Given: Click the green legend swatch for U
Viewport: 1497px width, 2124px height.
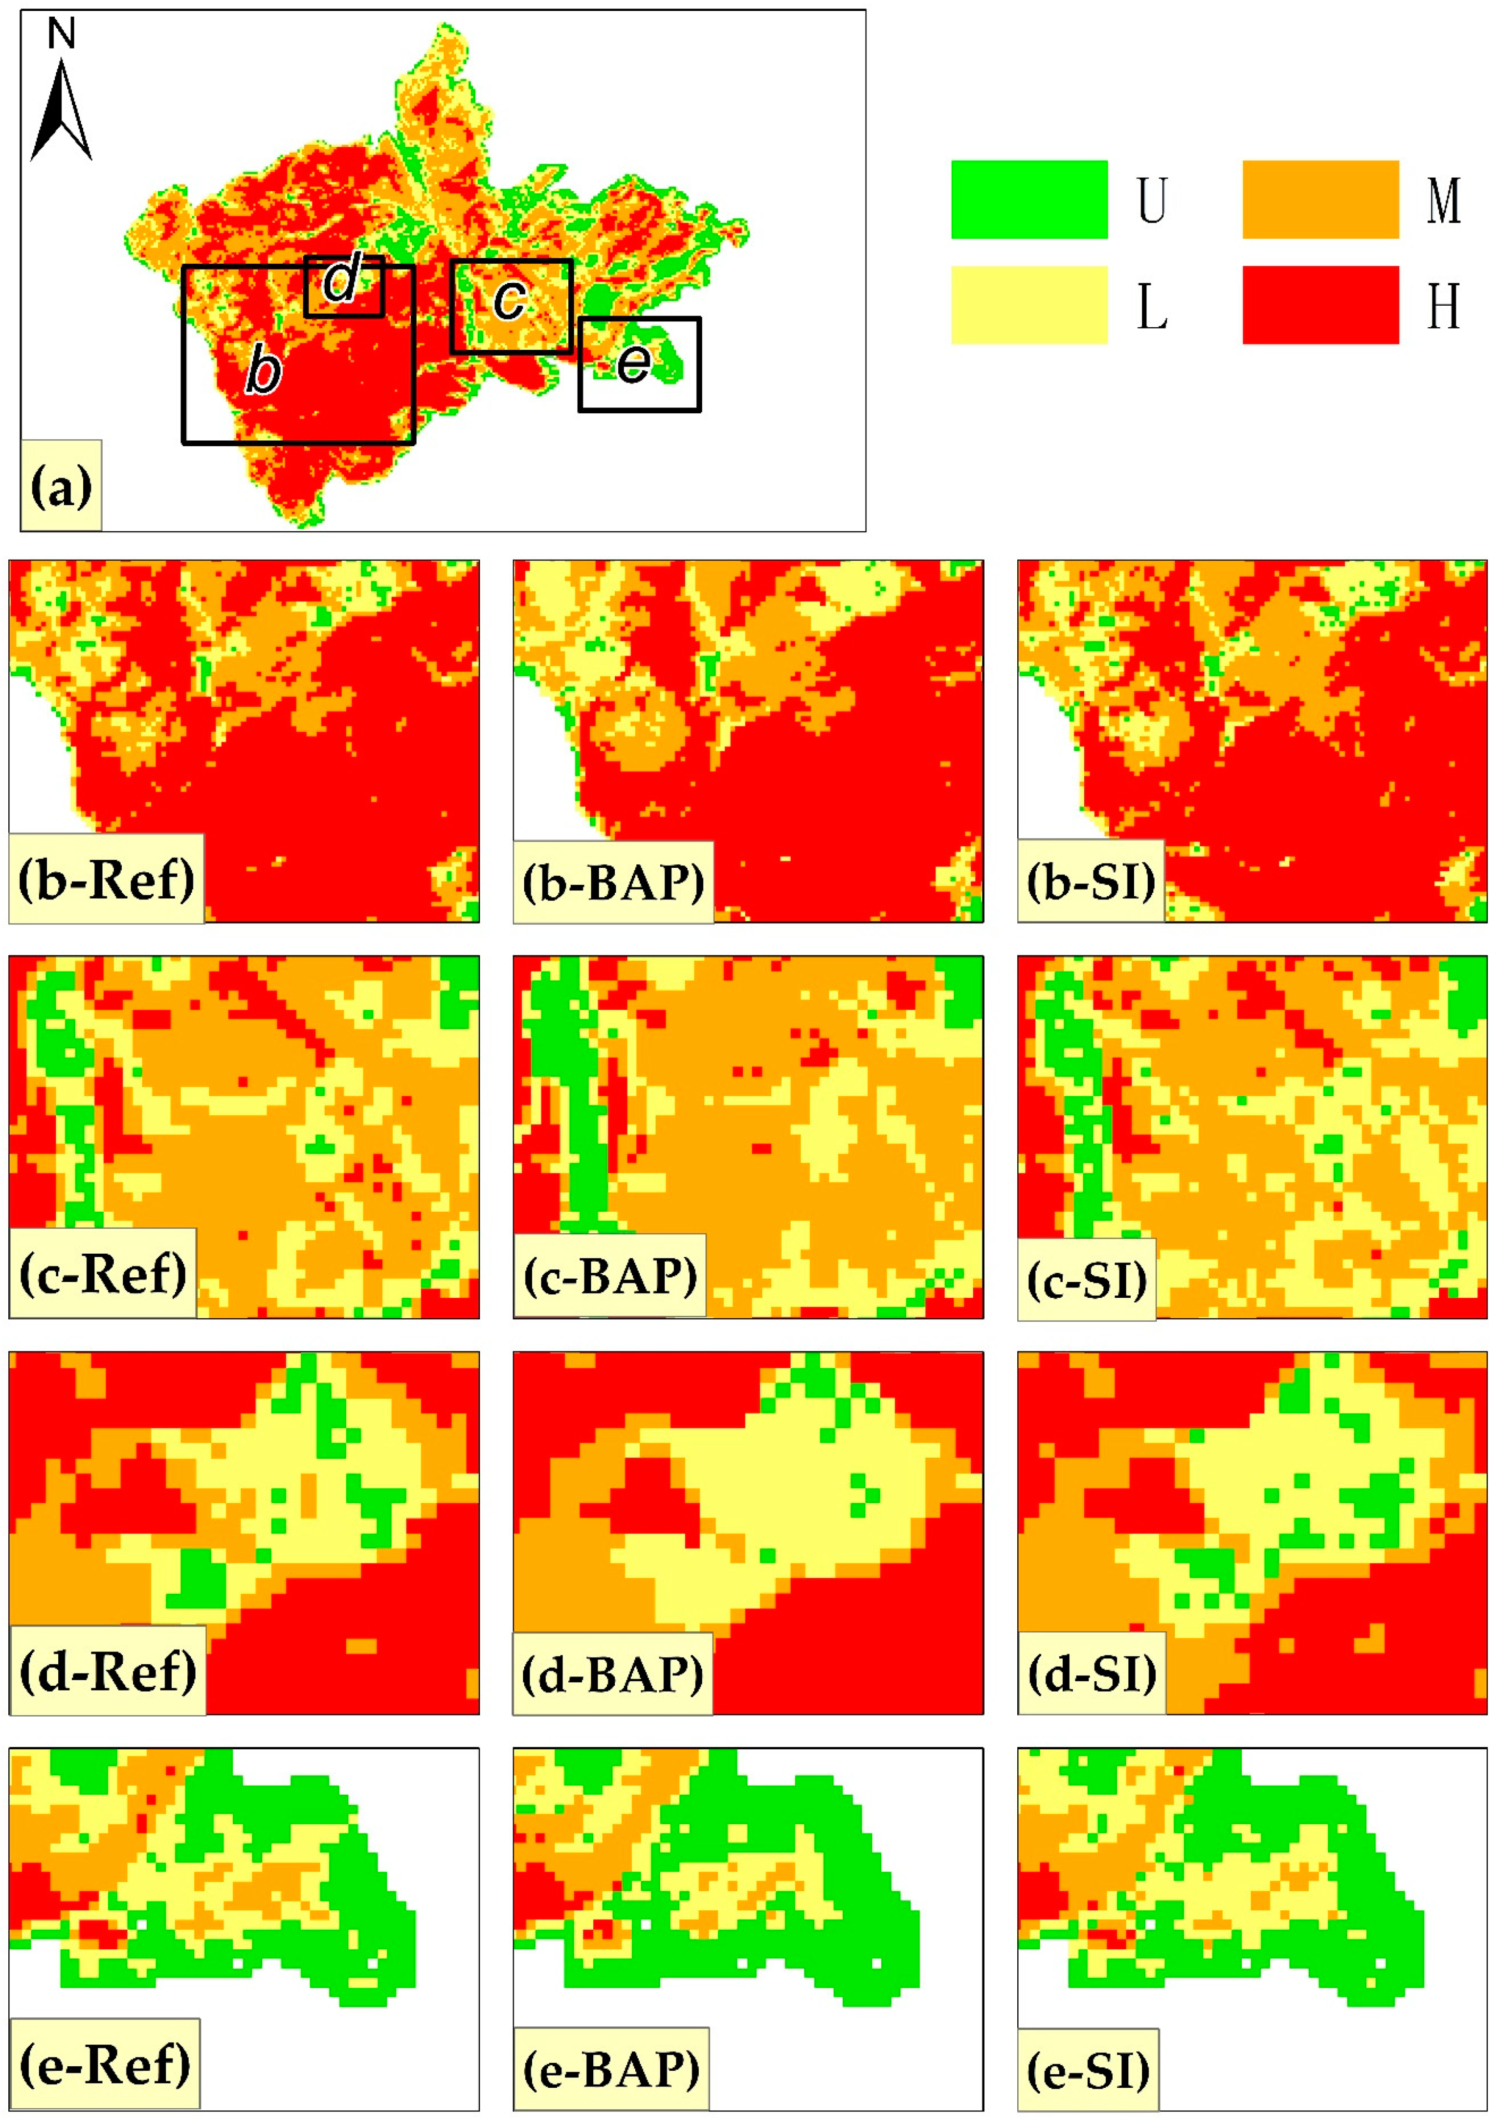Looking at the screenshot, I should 1029,200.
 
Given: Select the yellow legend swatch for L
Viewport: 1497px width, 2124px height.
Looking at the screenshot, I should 1029,305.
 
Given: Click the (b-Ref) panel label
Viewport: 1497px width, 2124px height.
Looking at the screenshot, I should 106,879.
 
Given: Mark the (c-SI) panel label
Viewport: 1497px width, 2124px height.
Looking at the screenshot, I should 1087,1280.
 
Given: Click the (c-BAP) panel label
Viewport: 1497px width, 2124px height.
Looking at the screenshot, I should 609,1277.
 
